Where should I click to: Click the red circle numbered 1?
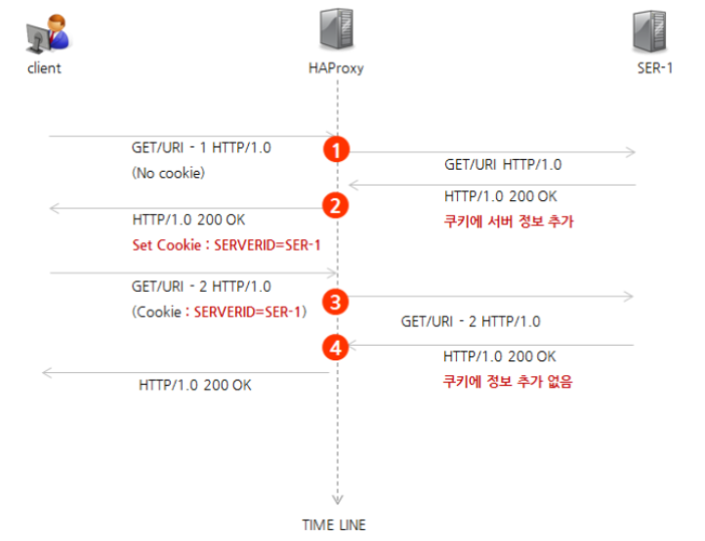pos(337,149)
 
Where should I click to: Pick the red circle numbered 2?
pos(337,206)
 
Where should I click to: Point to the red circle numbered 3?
pos(337,302)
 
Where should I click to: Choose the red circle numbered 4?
pos(337,347)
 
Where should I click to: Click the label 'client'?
pos(44,68)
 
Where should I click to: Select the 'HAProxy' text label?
pos(336,68)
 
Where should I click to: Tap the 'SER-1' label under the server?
pos(655,68)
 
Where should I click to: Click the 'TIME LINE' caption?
pos(334,524)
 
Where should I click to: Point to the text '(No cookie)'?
pos(169,173)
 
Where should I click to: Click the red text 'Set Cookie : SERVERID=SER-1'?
pos(227,244)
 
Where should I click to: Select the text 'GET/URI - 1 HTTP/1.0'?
pos(201,148)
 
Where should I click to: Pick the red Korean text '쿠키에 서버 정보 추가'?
pos(508,222)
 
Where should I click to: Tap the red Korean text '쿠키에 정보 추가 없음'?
pos(508,382)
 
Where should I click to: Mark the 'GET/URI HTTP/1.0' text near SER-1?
pos(503,165)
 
